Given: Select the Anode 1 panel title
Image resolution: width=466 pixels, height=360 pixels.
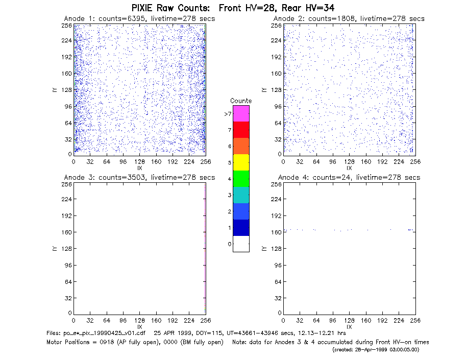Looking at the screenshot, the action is coord(139,18).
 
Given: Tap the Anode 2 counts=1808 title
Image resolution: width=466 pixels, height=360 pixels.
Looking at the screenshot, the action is coord(349,18).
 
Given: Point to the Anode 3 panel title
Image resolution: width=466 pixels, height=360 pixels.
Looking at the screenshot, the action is coord(139,178).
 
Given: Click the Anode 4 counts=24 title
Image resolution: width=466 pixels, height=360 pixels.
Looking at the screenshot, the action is coord(349,178).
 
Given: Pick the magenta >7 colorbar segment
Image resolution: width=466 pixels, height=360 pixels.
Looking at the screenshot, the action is coord(241,113).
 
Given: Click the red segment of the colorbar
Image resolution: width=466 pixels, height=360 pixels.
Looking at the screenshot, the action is coord(241,130).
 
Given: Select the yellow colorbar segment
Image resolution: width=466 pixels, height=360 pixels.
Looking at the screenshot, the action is coord(241,162).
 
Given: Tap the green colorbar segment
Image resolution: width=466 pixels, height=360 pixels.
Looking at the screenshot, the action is coord(241,179).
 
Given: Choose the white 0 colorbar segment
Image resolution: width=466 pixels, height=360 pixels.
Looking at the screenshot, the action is coord(241,244).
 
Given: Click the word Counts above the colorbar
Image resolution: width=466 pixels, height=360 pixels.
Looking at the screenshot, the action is coord(241,101).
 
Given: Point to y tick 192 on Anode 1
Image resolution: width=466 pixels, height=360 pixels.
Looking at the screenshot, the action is coord(67,57).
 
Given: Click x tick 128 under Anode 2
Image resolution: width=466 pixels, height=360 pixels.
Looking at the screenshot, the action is coord(349,162).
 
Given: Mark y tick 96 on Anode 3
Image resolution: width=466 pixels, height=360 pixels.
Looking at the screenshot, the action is coord(68,265).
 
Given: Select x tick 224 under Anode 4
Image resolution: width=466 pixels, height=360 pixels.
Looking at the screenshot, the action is coord(399,321).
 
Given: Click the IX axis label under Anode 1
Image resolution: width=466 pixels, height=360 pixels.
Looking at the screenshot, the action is coord(140,168).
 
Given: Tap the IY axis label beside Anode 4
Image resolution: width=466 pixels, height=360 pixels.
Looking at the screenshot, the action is coord(264,249).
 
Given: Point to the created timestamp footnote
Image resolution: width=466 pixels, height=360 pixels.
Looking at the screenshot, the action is coord(376,350).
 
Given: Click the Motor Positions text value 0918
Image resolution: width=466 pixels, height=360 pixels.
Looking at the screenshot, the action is coord(106,342).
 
